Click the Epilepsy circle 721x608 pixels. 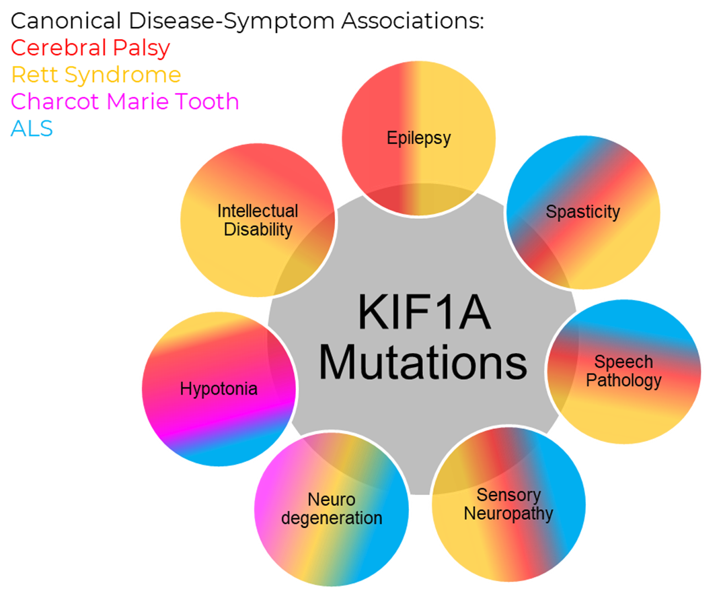[418, 138]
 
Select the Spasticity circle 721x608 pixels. [582, 212]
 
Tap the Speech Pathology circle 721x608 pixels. [623, 371]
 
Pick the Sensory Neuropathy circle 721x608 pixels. [508, 504]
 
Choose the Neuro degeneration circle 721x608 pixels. [332, 509]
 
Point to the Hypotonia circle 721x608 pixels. [219, 389]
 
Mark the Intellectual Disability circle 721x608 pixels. [258, 219]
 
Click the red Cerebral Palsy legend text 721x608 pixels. [91, 48]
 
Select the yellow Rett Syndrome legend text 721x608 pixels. [96, 74]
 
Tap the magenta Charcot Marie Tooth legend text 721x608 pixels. [125, 101]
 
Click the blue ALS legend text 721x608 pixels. [32, 128]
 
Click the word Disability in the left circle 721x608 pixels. [258, 229]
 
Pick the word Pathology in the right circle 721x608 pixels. [623, 380]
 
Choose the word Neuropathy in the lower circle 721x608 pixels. [508, 514]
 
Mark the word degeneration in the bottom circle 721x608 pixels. [332, 518]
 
